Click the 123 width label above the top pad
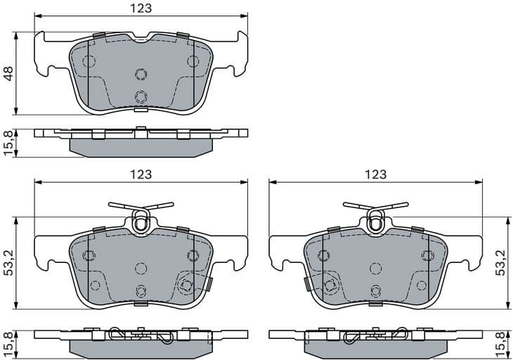pyautogui.click(x=141, y=8)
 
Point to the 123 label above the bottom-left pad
pyautogui.click(x=141, y=174)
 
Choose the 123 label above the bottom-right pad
pyautogui.click(x=376, y=174)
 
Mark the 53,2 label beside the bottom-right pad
pyautogui.click(x=503, y=261)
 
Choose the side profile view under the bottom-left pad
pyautogui.click(x=141, y=341)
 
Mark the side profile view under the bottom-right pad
pyautogui.click(x=376, y=341)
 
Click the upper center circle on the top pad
pyautogui.click(x=141, y=75)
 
